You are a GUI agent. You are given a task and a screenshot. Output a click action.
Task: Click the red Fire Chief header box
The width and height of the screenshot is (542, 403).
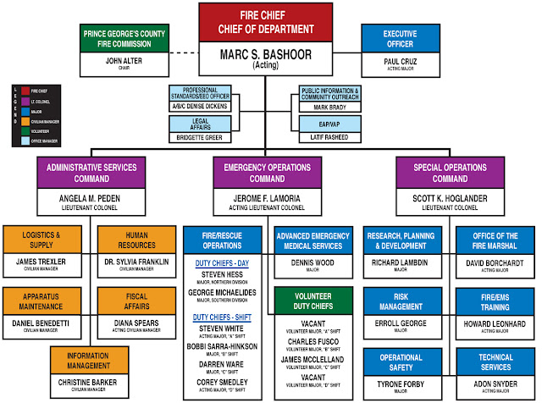point(270,23)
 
